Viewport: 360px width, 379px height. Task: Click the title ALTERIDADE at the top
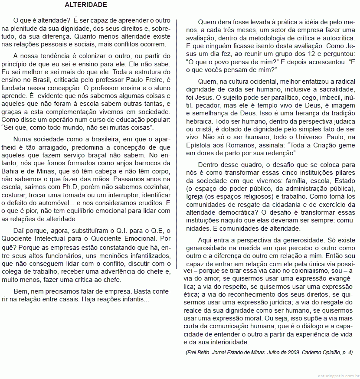[x=85, y=5]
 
